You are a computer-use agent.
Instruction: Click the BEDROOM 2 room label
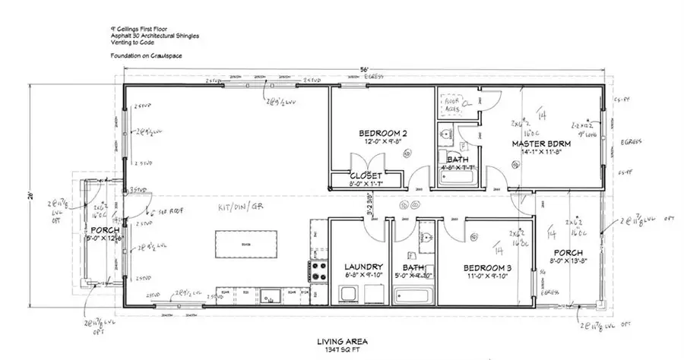point(382,134)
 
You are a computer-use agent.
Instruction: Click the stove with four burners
point(316,271)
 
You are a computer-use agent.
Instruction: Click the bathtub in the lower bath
point(414,292)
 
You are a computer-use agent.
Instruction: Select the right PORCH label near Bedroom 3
point(568,252)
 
